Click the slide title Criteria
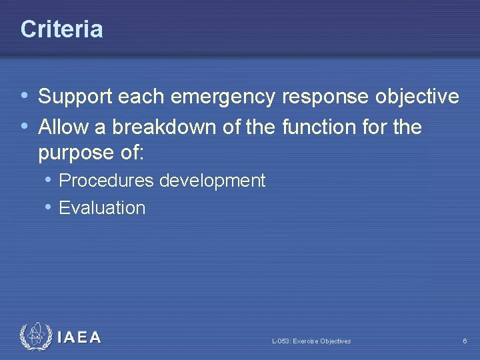click(x=61, y=29)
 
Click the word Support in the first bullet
click(x=75, y=97)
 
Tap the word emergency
click(x=223, y=97)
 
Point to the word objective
click(x=417, y=97)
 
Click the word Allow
click(x=62, y=126)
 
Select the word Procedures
click(x=106, y=181)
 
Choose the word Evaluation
click(x=102, y=208)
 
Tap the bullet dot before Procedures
click(x=49, y=180)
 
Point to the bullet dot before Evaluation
click(x=49, y=207)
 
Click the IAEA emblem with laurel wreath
click(x=35, y=337)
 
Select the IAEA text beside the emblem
click(x=79, y=338)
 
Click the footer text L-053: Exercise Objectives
click(x=311, y=341)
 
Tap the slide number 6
click(x=465, y=341)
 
